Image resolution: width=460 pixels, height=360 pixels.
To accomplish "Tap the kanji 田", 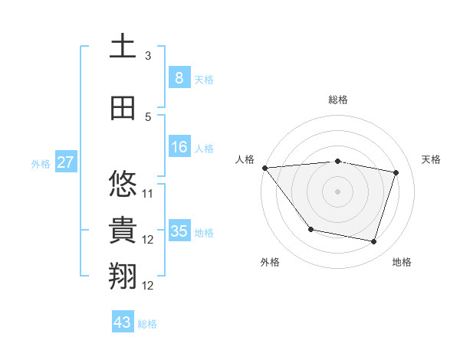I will point(123,108).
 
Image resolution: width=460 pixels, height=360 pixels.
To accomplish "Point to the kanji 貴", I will point(123,231).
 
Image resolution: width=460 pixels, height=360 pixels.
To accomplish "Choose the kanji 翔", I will point(123,277).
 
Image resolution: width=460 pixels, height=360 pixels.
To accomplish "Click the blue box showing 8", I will point(179,78).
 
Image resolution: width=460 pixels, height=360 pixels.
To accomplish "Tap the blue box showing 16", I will point(179,147).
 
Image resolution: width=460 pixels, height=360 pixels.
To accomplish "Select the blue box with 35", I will point(179,231).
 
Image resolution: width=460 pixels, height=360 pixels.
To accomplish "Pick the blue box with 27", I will point(66,162).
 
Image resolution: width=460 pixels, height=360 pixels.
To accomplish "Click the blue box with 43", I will point(123,322).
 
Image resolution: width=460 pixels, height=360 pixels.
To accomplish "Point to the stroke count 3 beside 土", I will point(148,56).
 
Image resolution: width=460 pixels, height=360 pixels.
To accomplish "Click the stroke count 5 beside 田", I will point(148,116).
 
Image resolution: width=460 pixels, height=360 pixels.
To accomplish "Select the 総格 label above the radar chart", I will point(337,100).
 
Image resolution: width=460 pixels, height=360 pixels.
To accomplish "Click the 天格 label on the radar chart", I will point(432,159).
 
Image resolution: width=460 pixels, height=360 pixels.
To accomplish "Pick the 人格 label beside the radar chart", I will point(245,159).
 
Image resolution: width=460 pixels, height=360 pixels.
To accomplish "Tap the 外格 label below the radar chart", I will point(270,262).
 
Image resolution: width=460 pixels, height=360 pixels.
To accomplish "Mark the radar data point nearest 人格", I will point(264,168).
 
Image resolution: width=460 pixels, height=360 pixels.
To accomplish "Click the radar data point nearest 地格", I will point(373,242).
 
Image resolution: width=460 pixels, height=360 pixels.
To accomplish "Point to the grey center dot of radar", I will point(337,191).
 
